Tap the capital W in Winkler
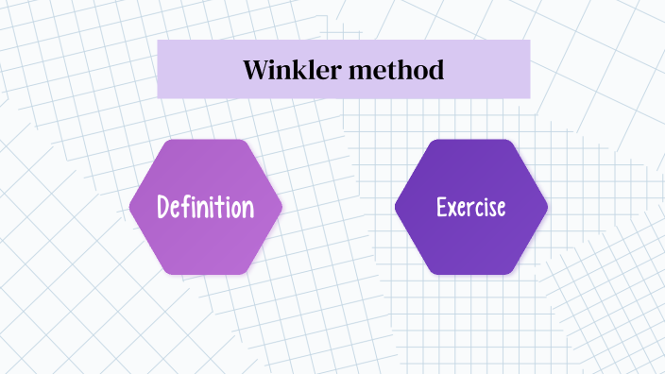[x=256, y=70]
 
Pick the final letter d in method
[x=437, y=70]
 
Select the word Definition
[x=206, y=207]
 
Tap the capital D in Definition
[x=163, y=207]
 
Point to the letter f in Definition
[x=185, y=207]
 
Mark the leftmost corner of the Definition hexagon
[x=130, y=207]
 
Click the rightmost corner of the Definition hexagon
[x=281, y=207]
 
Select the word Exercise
[x=470, y=207]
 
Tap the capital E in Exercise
[x=441, y=207]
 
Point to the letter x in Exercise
[x=452, y=208]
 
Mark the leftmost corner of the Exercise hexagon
[x=395, y=207]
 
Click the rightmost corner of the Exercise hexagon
[x=547, y=207]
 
